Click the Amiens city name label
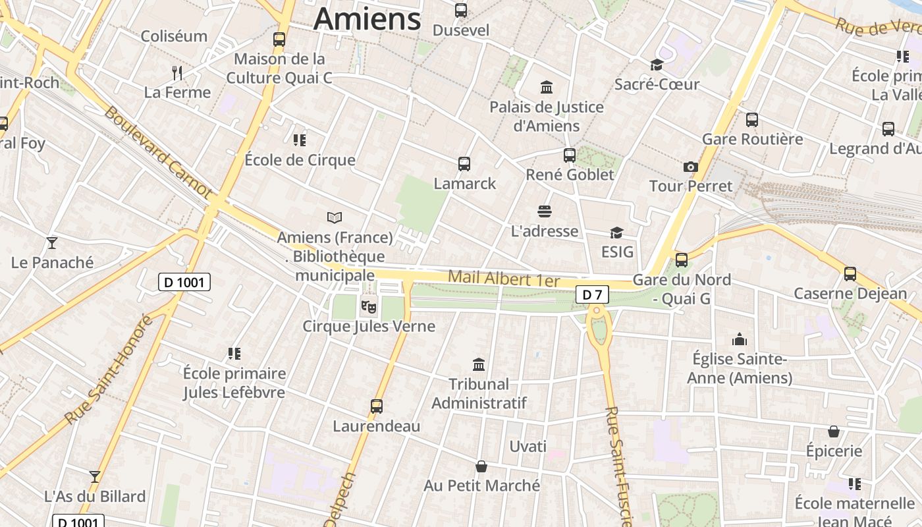pos(367,18)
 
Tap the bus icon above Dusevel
pos(461,11)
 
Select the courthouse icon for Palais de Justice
pos(547,87)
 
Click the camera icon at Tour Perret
pos(690,167)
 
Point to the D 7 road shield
pos(592,294)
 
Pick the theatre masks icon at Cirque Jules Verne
pos(368,306)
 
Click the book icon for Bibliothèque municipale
pos(335,217)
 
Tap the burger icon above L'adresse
pos(545,211)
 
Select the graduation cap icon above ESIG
pos(616,233)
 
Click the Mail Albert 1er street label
pos(504,279)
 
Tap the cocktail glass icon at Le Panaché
pos(53,243)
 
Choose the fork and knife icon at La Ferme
pos(176,72)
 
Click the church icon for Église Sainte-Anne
pos(740,339)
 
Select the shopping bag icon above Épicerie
pos(834,431)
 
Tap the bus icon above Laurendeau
pos(377,406)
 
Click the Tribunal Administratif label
pos(479,393)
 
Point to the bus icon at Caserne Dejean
pos(850,274)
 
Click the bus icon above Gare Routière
pos(752,120)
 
